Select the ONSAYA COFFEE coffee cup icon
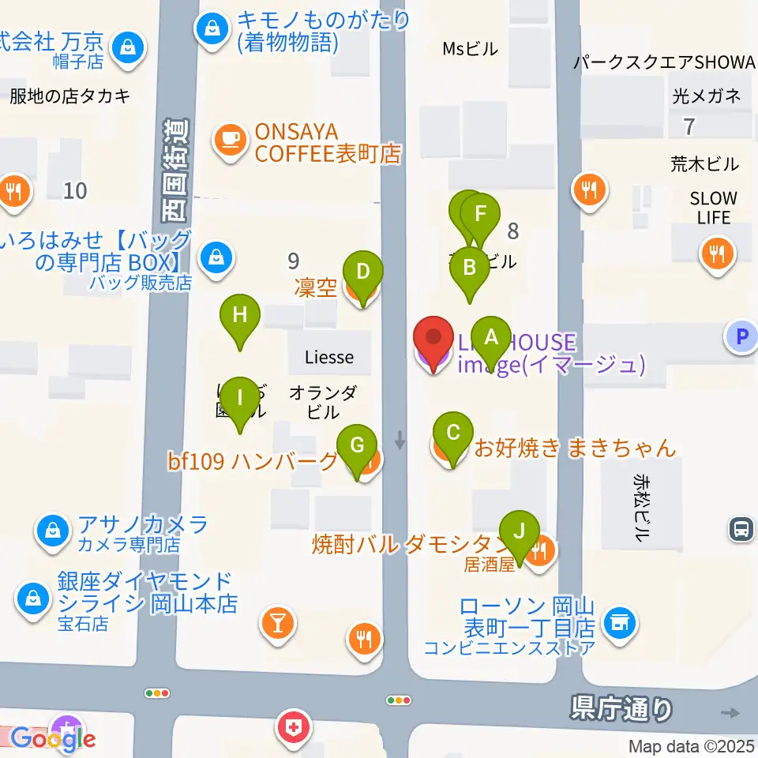point(229,140)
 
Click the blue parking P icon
point(741,337)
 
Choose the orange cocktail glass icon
point(277,623)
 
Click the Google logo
point(54,738)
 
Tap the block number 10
point(76,189)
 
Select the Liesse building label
point(329,357)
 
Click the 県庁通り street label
point(621,708)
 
